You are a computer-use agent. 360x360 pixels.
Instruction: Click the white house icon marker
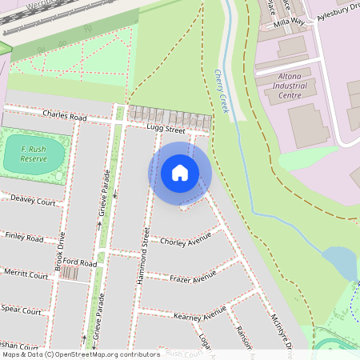point(180,172)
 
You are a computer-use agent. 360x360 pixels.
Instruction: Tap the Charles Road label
point(65,116)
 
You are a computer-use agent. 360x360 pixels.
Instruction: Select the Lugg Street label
point(166,128)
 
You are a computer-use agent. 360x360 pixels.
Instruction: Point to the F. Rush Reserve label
point(34,154)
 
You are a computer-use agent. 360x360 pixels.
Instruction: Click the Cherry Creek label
point(221,90)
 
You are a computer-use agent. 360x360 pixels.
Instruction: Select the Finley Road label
point(24,238)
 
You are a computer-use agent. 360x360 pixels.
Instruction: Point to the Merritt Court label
point(26,274)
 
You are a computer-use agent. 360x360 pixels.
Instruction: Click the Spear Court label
point(21,309)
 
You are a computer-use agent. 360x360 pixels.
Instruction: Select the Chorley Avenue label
point(185,240)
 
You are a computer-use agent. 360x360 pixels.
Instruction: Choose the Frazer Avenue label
point(193,277)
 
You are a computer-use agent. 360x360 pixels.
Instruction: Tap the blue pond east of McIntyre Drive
point(339,262)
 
